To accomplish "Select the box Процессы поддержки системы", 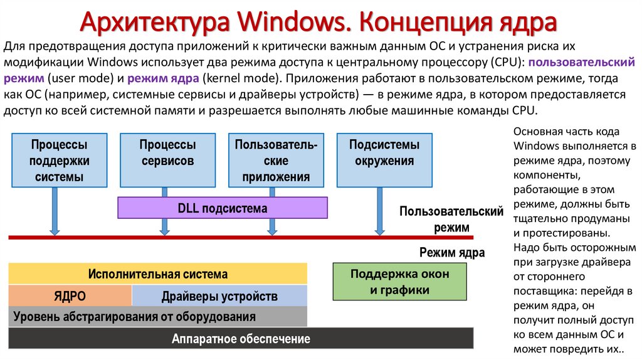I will point(59,160).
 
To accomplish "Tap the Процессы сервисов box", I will point(167,152).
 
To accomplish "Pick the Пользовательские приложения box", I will point(276,160).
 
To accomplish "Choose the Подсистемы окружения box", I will point(384,152).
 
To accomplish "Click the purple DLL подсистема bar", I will point(222,208).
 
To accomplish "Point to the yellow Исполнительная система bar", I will point(157,274).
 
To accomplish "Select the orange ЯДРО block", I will point(70,296).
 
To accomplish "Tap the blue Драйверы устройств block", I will point(219,296).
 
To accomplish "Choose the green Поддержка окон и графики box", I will point(399,282).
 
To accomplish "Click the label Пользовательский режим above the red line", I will point(451,219).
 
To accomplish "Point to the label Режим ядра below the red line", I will point(451,253).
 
